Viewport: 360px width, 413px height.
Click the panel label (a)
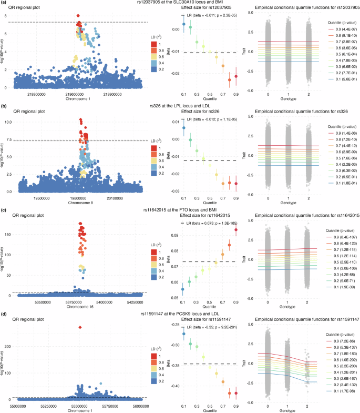click(4, 3)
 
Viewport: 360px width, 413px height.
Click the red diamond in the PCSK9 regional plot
click(80, 327)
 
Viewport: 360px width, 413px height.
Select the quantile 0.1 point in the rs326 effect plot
click(183, 128)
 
